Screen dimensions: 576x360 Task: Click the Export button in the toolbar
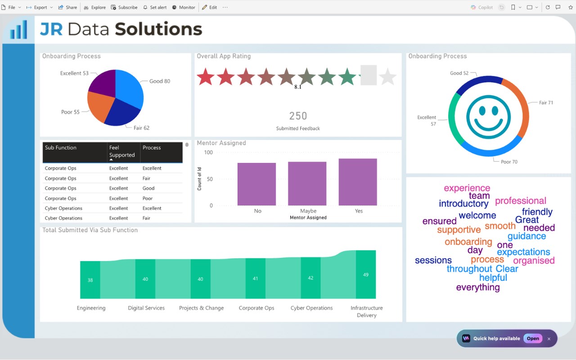click(39, 8)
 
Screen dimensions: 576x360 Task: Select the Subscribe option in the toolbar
click(124, 8)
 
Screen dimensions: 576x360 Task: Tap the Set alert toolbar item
click(155, 8)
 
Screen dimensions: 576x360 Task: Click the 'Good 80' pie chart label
click(160, 81)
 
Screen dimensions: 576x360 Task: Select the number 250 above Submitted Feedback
click(298, 116)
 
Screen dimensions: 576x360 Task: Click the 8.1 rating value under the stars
click(298, 87)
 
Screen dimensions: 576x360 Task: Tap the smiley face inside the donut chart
click(488, 117)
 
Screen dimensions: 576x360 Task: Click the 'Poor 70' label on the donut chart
click(509, 162)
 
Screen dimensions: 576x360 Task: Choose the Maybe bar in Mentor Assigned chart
click(307, 184)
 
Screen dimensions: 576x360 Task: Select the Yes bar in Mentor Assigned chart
click(358, 182)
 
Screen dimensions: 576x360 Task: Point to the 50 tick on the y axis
click(210, 179)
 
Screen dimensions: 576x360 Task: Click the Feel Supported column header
click(122, 151)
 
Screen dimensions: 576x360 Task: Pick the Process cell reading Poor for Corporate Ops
click(147, 198)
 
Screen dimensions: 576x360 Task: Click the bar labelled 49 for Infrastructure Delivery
click(366, 274)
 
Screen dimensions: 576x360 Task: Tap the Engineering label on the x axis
click(91, 308)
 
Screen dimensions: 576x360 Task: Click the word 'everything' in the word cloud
click(478, 288)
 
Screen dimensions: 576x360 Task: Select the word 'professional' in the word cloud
click(521, 201)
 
